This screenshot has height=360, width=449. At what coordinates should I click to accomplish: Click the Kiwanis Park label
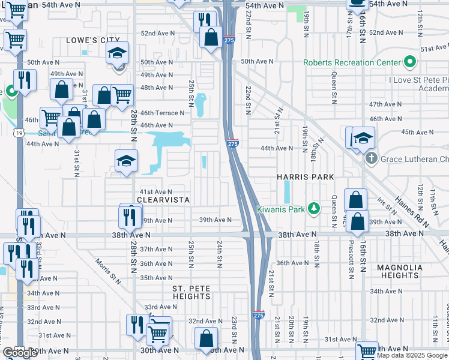point(281,209)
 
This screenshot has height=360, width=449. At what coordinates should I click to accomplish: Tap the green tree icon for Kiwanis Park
point(313,209)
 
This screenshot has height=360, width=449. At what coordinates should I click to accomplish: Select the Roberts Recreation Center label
point(352,62)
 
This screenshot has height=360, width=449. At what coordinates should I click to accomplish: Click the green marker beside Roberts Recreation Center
point(411,62)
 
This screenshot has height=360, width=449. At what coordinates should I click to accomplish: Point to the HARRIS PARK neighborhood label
point(301,178)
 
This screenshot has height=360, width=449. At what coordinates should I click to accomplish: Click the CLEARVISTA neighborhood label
point(163,200)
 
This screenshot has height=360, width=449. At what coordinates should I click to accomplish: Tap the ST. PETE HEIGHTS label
point(191,292)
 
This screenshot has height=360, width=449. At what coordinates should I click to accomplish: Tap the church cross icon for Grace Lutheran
point(372,159)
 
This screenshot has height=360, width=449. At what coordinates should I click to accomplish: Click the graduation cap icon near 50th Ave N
point(118,53)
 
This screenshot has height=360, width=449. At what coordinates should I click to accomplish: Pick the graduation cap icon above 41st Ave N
point(126,160)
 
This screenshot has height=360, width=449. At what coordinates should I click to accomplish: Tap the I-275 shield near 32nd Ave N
point(259,315)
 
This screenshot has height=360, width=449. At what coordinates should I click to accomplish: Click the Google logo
point(20,353)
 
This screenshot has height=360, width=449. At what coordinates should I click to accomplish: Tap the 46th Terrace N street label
point(162,113)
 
